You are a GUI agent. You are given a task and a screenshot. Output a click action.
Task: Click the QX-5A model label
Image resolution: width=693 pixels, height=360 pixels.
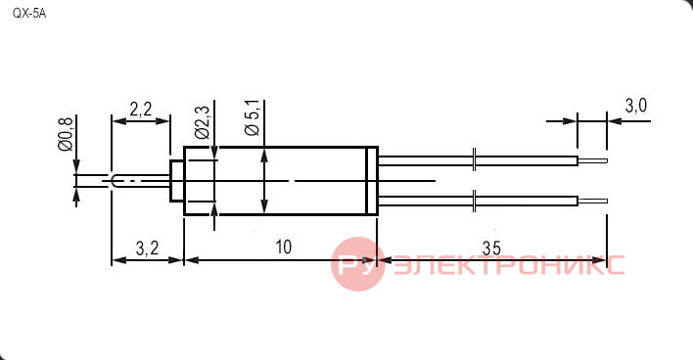tap(29, 14)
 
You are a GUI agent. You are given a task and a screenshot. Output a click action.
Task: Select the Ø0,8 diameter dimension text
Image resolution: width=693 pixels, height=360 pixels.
tap(67, 134)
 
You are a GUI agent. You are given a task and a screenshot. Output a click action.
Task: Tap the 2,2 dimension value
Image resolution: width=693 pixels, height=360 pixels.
tap(141, 110)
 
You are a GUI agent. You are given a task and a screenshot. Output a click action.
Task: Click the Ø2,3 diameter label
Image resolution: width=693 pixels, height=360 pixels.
tap(202, 122)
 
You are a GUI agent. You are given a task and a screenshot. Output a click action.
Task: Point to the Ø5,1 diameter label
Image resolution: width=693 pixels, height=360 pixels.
tap(253, 117)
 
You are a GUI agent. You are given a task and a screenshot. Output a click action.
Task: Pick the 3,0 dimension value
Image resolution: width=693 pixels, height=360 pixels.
tap(636, 106)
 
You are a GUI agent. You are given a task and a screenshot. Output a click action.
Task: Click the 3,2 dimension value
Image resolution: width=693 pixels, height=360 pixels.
tap(147, 248)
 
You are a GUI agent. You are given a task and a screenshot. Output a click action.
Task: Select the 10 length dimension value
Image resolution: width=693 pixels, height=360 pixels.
tap(283, 247)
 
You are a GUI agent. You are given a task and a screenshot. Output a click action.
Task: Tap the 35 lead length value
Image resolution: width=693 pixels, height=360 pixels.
tap(491, 248)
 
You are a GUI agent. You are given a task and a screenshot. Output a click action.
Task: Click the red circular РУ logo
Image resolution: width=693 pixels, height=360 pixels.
tap(357, 264)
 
